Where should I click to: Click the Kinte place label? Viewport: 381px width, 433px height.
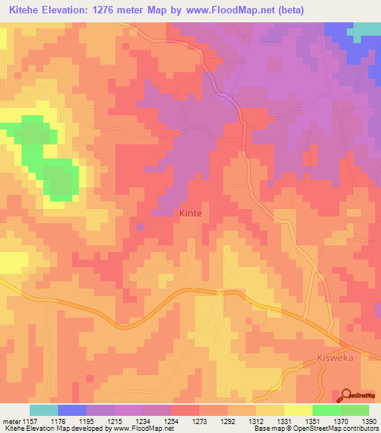[x=190, y=213]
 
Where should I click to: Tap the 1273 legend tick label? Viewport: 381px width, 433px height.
[x=199, y=420]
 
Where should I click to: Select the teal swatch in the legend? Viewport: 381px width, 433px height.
[x=44, y=410]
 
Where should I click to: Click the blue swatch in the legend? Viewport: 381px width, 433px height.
[x=72, y=410]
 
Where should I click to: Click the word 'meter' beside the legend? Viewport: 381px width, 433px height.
[x=11, y=420]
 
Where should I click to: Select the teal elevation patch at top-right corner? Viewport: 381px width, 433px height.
[x=365, y=30]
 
